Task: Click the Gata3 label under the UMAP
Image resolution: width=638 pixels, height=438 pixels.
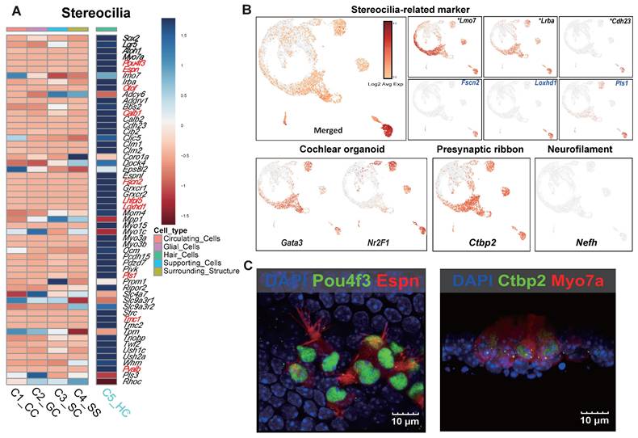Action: (281, 232)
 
